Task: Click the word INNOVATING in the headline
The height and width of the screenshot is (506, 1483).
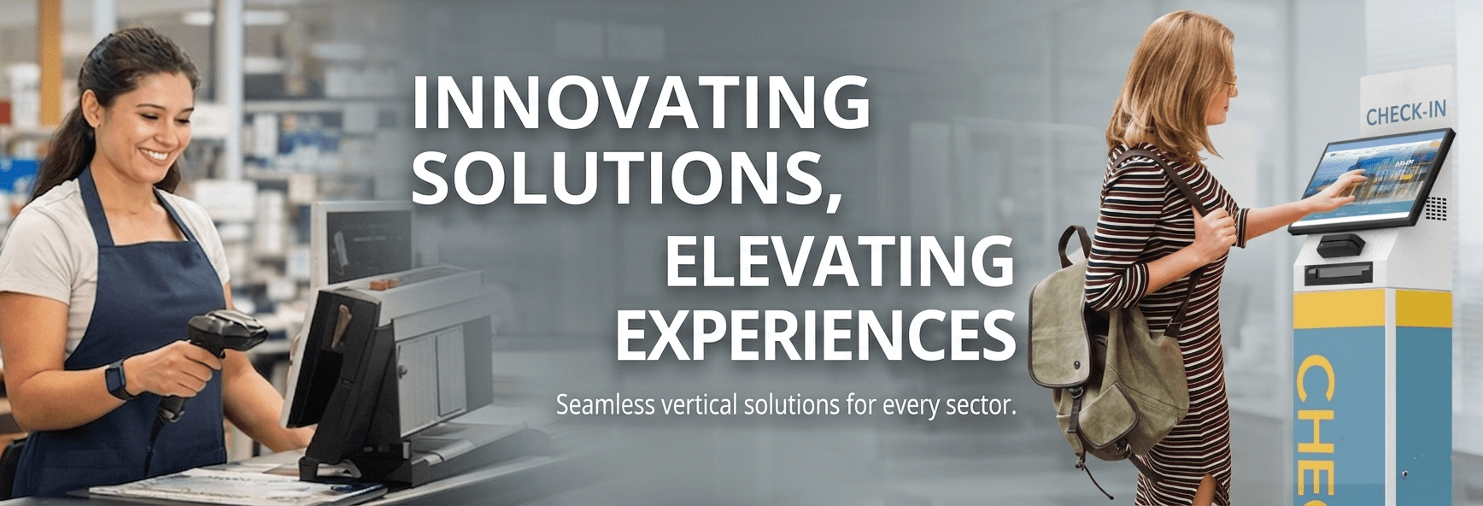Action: (641, 103)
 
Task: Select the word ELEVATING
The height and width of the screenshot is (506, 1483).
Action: (839, 261)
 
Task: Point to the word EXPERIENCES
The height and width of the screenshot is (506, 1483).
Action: (815, 336)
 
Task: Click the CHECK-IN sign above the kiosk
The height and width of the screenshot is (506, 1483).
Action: (1405, 113)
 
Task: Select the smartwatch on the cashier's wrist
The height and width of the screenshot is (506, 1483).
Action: (117, 379)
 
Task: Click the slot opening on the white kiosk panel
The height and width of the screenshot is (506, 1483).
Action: (1338, 274)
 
